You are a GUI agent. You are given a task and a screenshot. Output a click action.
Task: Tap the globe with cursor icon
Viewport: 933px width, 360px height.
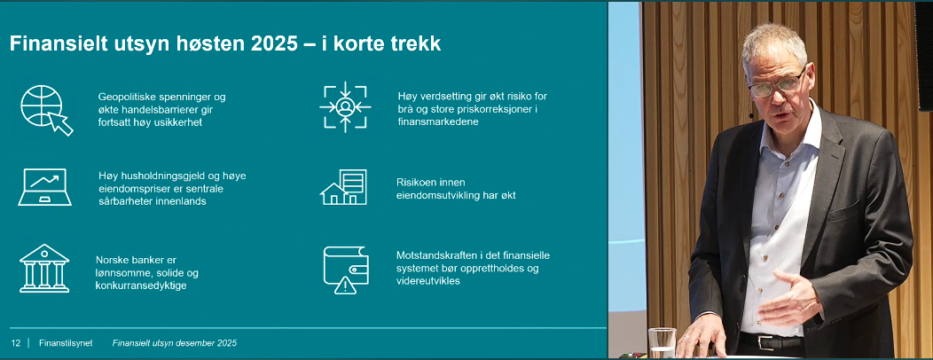click(x=45, y=109)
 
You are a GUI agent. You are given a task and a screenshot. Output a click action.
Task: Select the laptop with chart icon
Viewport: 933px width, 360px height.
click(x=43, y=187)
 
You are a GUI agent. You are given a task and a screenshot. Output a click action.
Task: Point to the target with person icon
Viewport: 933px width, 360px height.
click(x=345, y=107)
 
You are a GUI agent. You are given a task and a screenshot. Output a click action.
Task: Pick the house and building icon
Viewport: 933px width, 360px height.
click(x=343, y=187)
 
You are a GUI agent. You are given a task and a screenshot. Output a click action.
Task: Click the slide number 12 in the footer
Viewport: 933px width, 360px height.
click(x=15, y=342)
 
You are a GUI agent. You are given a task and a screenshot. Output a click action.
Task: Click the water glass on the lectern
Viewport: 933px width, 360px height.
click(x=662, y=342)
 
